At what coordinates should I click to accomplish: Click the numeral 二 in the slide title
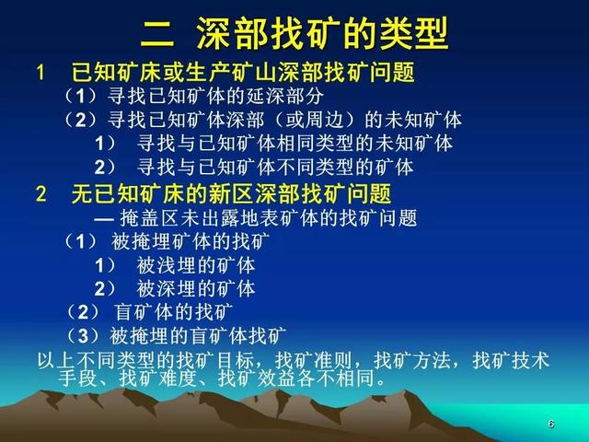[157, 34]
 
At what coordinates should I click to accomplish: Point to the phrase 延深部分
[285, 96]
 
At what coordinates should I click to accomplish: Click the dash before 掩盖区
[104, 218]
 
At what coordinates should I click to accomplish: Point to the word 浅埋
[174, 265]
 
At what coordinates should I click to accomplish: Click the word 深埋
[174, 288]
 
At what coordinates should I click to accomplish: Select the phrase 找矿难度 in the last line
[158, 378]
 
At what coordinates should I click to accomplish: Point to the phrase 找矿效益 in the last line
[257, 378]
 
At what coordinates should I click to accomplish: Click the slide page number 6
[551, 424]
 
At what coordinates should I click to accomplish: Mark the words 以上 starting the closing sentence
[56, 360]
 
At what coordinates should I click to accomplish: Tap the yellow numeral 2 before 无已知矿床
[40, 194]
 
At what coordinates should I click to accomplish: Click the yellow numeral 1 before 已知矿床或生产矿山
[40, 72]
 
